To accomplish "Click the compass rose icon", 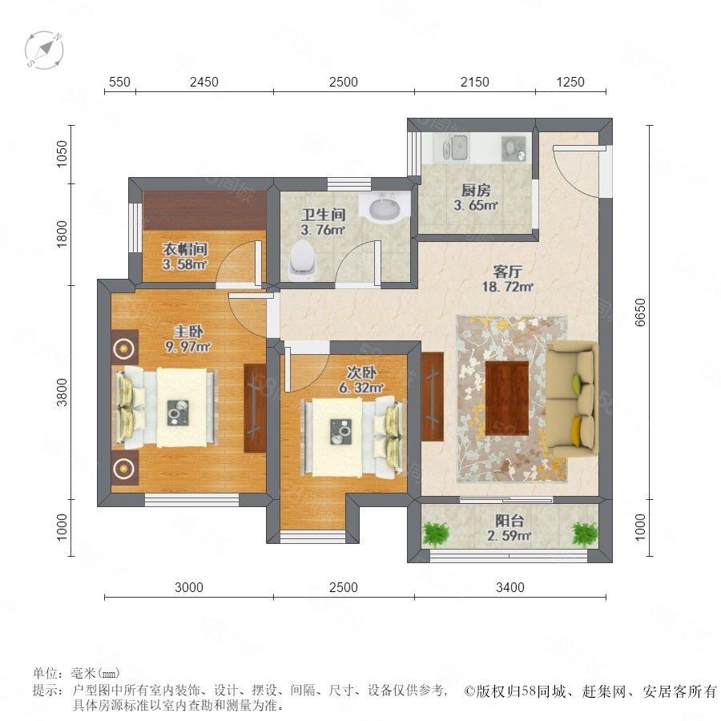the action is tap(44, 50).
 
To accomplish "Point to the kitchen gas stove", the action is tap(514, 148).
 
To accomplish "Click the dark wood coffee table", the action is tap(507, 398).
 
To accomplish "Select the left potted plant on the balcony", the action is tap(435, 534).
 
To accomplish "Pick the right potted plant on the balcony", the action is tap(585, 534).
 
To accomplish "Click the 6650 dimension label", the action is tap(640, 312).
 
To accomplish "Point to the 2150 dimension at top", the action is tap(474, 82).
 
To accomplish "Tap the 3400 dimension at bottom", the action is tap(510, 587).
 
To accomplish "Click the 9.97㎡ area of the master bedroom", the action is tap(187, 346).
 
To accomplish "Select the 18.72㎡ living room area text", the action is tap(507, 287).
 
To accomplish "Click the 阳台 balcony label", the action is tap(510, 521).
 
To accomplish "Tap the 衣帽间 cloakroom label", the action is tap(185, 249).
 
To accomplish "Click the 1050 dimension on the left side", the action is tap(61, 154).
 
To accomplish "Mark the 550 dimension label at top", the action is tap(119, 82).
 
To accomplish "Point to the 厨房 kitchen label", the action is tap(476, 190).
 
